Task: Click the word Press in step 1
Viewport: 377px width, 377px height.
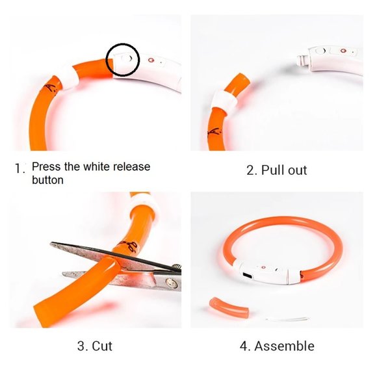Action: tap(47, 167)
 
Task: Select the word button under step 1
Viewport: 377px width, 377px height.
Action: tap(48, 179)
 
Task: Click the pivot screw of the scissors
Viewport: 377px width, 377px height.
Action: tap(170, 283)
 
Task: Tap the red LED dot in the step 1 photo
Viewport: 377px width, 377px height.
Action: tap(152, 60)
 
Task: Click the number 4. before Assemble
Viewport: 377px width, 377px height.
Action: tap(244, 346)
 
